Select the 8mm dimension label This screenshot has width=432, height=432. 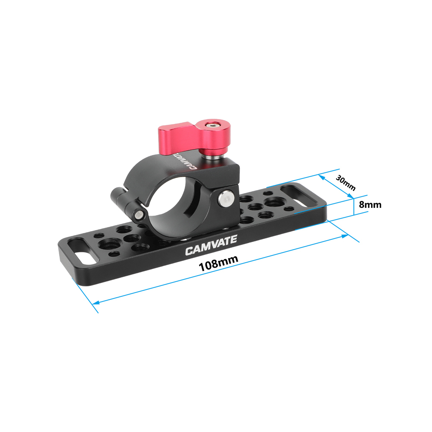pos(370,204)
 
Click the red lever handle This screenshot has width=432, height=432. pos(177,138)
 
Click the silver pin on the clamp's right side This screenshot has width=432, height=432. pos(224,198)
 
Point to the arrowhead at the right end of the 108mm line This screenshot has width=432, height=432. pos(345,236)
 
